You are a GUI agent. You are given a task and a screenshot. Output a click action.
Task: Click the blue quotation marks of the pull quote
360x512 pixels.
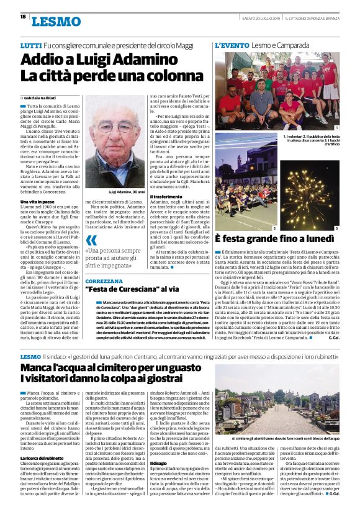(91, 241)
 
